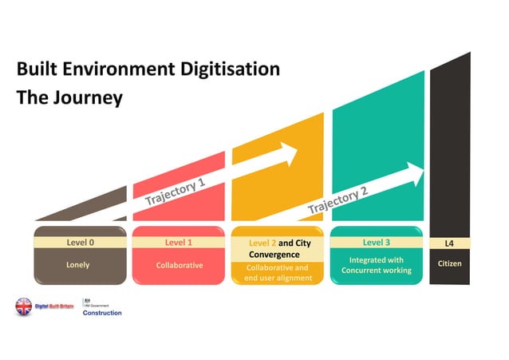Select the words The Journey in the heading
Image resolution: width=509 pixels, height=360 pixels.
click(69, 99)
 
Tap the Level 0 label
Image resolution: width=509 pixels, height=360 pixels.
click(80, 240)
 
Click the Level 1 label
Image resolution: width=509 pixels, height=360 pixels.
click(179, 240)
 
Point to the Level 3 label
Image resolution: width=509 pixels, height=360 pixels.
click(377, 241)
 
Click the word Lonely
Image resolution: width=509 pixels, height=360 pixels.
click(78, 264)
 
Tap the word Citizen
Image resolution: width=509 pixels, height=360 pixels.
click(449, 264)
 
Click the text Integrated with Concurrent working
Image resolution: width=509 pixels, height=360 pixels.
click(377, 265)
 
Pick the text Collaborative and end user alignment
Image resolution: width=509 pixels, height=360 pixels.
click(278, 272)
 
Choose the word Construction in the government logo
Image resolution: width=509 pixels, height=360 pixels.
click(102, 313)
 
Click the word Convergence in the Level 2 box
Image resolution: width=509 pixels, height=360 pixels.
click(274, 254)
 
